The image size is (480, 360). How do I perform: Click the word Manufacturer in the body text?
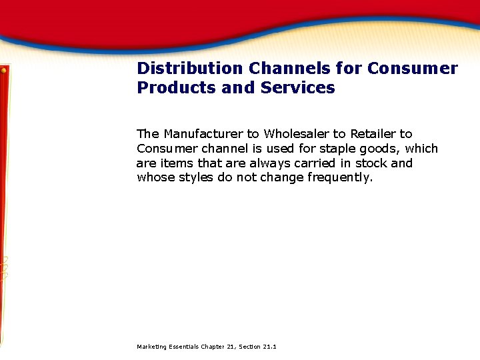coord(203,134)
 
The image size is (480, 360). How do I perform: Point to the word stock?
coord(371,163)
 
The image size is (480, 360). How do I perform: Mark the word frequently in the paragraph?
coord(339,177)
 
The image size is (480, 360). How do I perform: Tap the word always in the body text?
coord(269,163)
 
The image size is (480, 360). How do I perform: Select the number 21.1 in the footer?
coord(270,347)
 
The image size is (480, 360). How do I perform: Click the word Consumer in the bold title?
coord(413,69)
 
